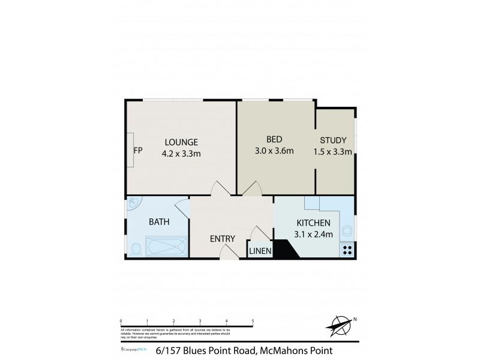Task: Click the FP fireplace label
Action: (x=137, y=149)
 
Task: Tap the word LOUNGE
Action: (x=181, y=142)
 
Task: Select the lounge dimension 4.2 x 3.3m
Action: (x=182, y=153)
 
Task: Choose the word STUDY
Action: (x=332, y=140)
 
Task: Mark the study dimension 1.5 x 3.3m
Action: (x=332, y=152)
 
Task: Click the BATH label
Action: (x=159, y=221)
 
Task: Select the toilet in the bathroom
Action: (x=136, y=247)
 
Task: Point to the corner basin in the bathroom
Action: (x=133, y=205)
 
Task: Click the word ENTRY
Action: (x=223, y=239)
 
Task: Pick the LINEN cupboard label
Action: (x=260, y=251)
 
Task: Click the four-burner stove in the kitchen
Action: (x=347, y=251)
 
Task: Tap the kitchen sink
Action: (x=347, y=230)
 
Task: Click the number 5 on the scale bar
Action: (x=253, y=321)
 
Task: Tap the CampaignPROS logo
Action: (x=131, y=349)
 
